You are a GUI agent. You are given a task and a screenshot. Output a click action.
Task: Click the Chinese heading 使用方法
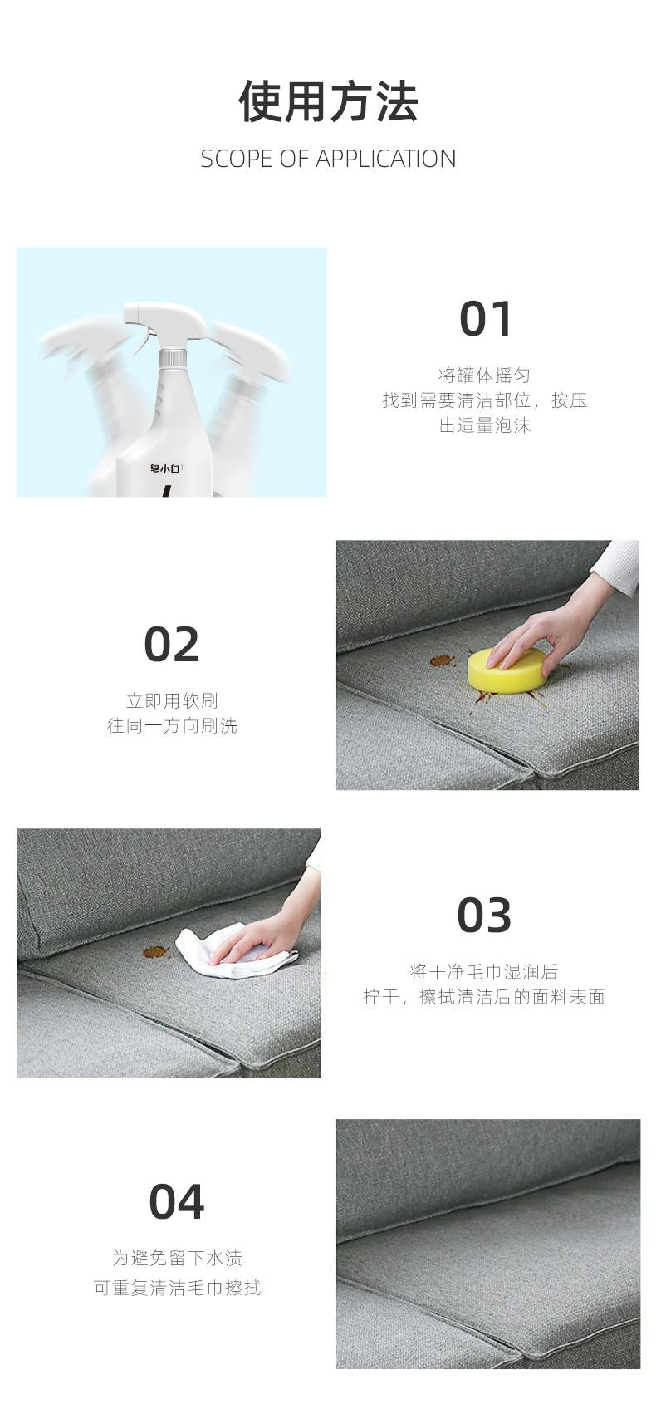pos(328,101)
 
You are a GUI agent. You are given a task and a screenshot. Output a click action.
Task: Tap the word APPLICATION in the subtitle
pos(385,160)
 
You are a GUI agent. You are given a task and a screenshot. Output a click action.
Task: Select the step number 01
pos(485,318)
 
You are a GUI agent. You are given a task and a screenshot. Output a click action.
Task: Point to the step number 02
pos(172,644)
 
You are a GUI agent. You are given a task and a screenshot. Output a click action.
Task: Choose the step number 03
pos(483,915)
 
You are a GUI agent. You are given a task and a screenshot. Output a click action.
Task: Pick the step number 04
pos(177,1201)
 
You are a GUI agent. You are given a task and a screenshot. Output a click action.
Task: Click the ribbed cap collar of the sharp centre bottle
pos(173,359)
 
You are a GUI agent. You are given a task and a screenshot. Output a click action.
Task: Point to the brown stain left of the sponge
pos(442,660)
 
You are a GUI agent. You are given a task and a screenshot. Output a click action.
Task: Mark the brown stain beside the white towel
pos(156,952)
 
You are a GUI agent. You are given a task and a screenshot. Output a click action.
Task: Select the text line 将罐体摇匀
pos(484,376)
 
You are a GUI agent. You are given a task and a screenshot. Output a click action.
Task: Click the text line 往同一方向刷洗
pos(173,726)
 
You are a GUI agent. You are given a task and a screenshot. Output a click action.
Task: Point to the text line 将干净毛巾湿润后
pos(483,972)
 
